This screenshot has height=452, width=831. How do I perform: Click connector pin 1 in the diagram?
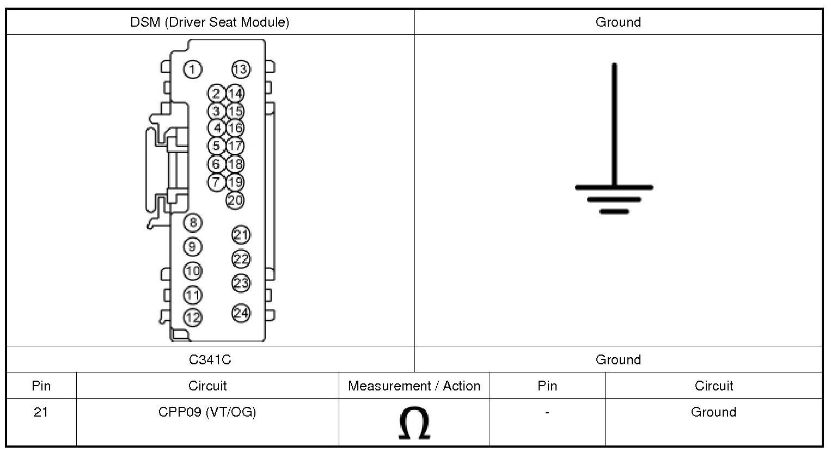click(x=192, y=69)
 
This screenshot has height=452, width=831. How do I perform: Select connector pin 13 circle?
click(x=240, y=69)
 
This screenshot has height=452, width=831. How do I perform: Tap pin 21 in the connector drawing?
click(x=241, y=235)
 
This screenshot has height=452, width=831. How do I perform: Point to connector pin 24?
click(x=241, y=313)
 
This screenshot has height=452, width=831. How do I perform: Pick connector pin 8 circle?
click(x=192, y=222)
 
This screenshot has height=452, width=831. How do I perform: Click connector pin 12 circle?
click(x=192, y=317)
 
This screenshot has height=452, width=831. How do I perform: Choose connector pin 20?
click(x=235, y=200)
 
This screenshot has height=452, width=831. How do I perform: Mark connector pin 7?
click(x=217, y=182)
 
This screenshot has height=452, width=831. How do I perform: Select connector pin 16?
click(x=235, y=129)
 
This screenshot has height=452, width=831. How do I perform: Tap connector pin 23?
click(x=241, y=283)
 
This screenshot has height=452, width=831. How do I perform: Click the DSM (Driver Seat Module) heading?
click(x=210, y=22)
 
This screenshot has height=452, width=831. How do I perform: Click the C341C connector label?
click(x=210, y=359)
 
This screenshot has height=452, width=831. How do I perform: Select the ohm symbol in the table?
click(x=414, y=423)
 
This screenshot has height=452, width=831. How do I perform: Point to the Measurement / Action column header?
click(x=414, y=386)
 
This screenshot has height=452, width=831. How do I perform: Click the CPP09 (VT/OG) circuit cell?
click(x=207, y=412)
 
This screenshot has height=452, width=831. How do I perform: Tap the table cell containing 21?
click(x=41, y=412)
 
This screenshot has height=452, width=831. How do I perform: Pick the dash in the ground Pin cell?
click(x=547, y=412)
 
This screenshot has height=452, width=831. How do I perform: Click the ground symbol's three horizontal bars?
click(x=614, y=199)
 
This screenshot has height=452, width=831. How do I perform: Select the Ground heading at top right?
click(x=618, y=22)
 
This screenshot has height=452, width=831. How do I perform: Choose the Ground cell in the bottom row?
click(x=713, y=412)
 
